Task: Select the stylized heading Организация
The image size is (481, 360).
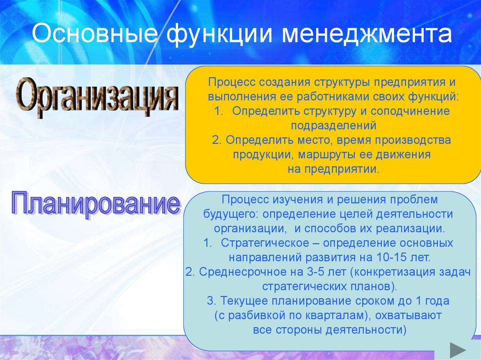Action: (x=98, y=98)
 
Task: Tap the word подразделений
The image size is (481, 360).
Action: (x=334, y=125)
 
